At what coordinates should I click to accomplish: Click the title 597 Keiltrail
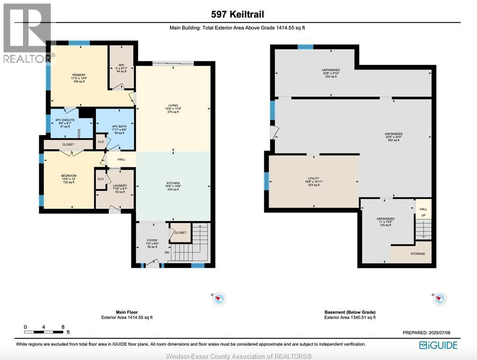238,14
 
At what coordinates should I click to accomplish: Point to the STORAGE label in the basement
417,254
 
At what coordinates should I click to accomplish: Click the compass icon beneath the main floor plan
219,299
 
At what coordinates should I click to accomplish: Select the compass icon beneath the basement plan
439,299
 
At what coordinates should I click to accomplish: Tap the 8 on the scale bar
63,327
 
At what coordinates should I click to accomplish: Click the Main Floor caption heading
127,312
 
